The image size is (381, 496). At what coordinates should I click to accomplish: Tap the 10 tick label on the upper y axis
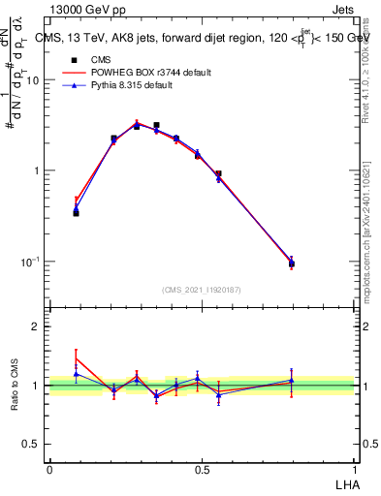33,80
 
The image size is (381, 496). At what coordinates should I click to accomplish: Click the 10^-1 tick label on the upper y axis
30,261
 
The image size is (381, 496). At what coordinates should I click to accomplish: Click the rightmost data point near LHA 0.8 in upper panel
291,263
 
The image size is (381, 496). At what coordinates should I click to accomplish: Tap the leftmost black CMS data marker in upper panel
76,212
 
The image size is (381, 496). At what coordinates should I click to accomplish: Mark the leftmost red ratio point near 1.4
76,357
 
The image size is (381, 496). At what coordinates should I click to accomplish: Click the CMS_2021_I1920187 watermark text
201,289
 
